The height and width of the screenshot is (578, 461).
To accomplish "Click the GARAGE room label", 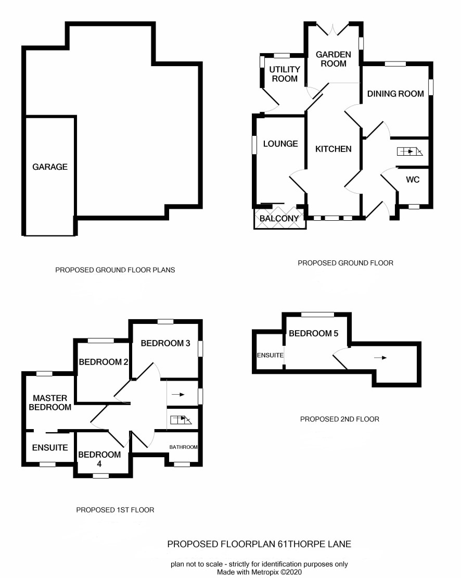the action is pos(50,167).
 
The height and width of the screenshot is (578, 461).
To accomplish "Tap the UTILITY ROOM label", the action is pos(285,74).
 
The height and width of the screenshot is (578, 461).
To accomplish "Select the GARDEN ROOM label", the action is pos(334,59).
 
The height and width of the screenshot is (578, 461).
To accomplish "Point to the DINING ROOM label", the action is pos(395,94).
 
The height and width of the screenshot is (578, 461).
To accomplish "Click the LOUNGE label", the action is pos(280,144).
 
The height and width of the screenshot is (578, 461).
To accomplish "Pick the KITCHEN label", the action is pos(333,149).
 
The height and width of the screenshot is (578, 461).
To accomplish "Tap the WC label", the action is pos(413,180).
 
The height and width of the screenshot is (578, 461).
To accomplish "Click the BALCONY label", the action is pos(279,218).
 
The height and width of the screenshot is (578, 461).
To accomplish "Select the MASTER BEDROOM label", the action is pos(50,403).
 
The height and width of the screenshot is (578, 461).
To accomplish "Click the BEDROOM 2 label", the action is pos(104,362).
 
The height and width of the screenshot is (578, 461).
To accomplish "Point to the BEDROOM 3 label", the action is pos(165,343).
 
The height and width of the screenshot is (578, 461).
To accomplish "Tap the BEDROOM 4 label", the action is pos(99,459).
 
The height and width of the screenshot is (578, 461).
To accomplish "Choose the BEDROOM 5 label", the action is pos(313,333).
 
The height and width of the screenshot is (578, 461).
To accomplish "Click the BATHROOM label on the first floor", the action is pos(183,447).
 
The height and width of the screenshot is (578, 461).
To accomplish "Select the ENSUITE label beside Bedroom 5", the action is pos(270,355).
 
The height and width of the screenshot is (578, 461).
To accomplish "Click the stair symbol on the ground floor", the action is pos(410,152).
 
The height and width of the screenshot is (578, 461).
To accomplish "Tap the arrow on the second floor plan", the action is pos(380,358).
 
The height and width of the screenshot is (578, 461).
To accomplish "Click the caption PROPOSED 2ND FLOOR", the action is pos(339,419).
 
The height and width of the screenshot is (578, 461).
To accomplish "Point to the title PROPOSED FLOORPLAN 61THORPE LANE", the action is pos(259,544).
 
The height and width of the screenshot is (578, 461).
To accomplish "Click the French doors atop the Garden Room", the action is pos(333,30).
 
